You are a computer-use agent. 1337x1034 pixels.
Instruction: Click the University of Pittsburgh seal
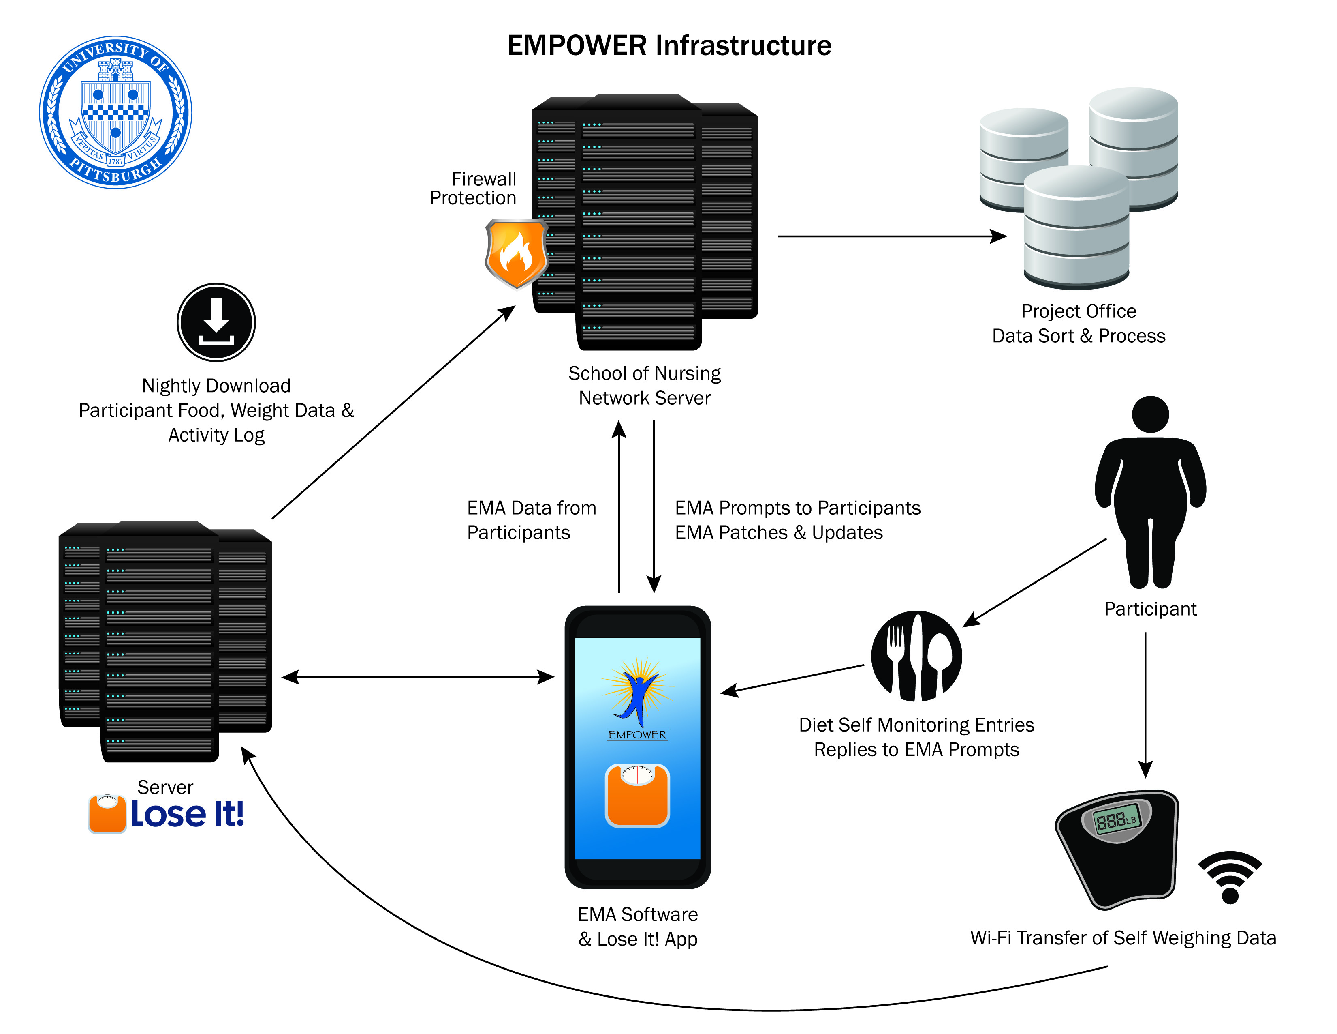116,112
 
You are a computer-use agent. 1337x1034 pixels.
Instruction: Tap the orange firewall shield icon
516,253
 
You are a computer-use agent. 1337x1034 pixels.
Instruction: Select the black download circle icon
216,322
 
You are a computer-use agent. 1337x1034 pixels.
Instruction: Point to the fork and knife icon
916,655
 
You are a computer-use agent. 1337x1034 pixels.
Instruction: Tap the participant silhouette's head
1150,414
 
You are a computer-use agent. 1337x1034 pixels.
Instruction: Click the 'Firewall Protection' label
473,188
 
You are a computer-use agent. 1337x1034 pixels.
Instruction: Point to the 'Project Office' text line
1079,311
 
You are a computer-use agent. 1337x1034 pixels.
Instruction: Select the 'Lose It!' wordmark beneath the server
187,814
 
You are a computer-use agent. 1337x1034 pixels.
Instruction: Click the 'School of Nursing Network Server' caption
645,385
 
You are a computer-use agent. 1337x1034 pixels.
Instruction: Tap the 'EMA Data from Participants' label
531,520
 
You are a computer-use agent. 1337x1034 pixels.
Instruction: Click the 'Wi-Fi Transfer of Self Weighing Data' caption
1123,938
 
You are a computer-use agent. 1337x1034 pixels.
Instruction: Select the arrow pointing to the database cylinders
891,236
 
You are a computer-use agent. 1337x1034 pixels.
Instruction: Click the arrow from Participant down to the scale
1145,704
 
